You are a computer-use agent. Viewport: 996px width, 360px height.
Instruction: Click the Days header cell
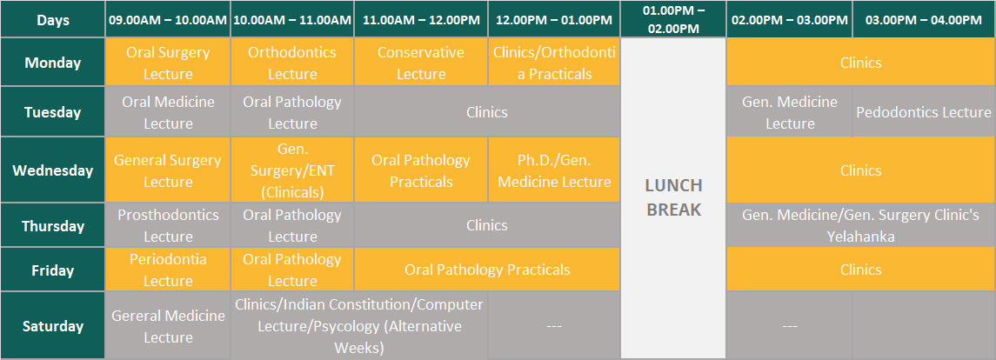coord(53,19)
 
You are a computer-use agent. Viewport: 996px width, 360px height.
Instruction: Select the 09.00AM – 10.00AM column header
coord(168,19)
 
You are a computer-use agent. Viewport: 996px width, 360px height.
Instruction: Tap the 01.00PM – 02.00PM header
coord(673,19)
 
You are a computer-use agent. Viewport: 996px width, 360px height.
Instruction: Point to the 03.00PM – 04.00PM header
coord(924,19)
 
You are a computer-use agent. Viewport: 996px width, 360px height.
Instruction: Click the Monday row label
coord(53,63)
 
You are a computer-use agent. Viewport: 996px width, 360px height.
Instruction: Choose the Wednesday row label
coord(53,170)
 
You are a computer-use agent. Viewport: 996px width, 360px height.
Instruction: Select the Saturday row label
coord(53,326)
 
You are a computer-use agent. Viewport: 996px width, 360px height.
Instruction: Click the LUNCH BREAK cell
coord(673,198)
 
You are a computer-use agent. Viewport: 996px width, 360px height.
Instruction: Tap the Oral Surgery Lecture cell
coord(168,63)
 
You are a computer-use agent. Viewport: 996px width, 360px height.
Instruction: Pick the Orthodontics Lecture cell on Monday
coord(292,63)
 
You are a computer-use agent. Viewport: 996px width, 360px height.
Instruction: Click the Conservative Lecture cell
coord(421,63)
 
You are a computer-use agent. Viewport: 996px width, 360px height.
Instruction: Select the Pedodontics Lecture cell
coord(924,112)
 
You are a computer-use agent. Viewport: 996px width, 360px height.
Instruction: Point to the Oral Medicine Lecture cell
coord(168,112)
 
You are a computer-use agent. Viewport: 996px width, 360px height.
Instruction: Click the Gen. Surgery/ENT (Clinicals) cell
coord(292,170)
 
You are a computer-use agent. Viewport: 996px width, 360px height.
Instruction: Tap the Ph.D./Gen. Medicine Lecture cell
coord(554,170)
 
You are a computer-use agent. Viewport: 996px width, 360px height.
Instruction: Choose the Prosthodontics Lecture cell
coord(168,225)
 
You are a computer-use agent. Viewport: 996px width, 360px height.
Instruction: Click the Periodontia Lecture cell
coord(168,270)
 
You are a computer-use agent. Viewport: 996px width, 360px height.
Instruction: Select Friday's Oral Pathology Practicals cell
coord(487,270)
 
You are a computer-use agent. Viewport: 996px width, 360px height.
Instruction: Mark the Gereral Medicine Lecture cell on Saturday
coord(168,326)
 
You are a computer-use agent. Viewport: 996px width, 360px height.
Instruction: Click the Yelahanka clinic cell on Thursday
coord(860,225)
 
